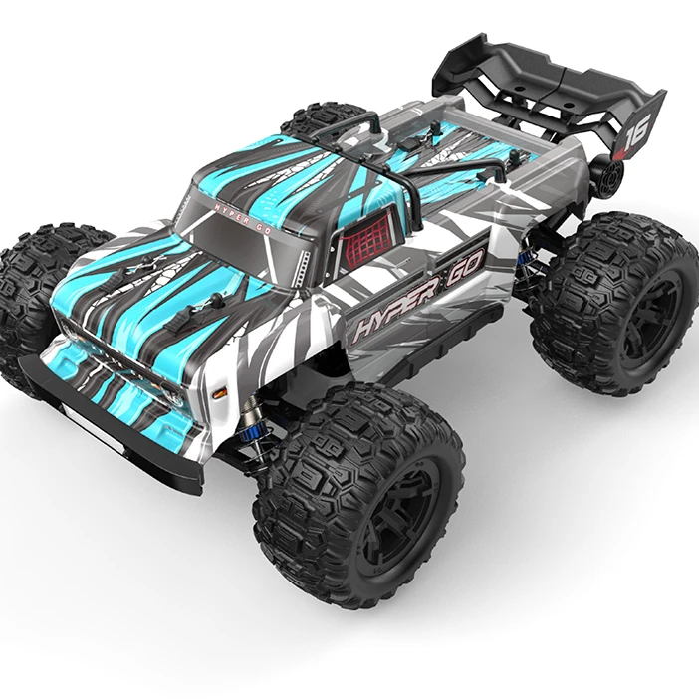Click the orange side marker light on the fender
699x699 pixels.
click(219, 393)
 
